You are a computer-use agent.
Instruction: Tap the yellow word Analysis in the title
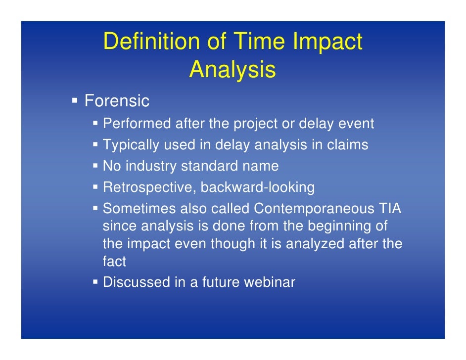tap(232, 70)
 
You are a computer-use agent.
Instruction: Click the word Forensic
tap(117, 101)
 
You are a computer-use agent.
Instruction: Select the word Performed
tap(137, 124)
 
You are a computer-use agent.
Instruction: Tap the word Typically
tap(132, 145)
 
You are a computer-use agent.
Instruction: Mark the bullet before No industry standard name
tap(96, 166)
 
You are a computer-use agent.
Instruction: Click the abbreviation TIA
tap(390, 209)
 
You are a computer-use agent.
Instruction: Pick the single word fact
tap(114, 261)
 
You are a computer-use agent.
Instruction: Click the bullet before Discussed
tap(96, 283)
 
